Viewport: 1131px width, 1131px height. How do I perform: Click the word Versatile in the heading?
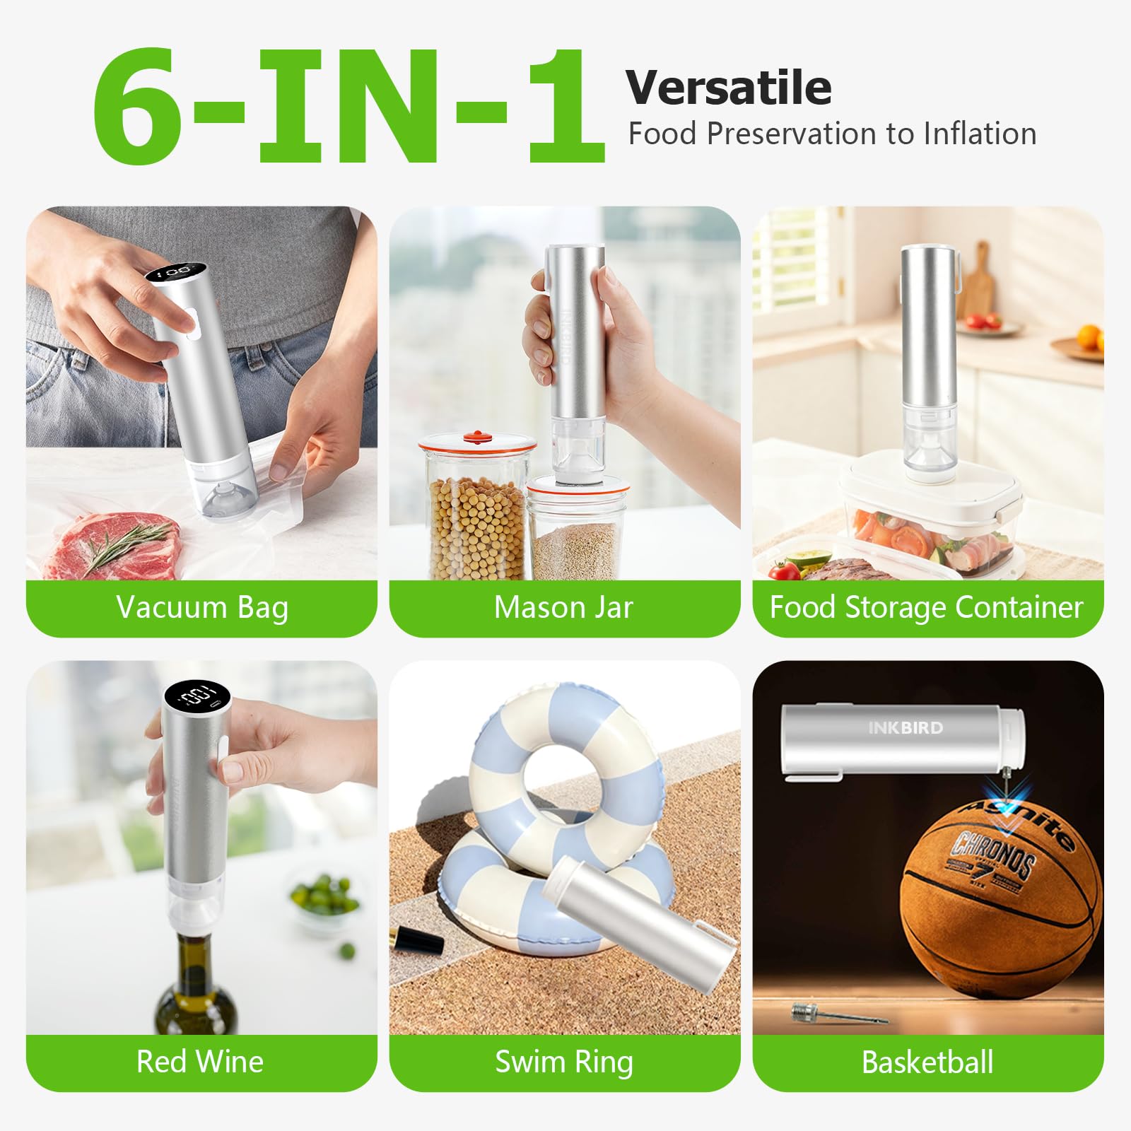pyautogui.click(x=728, y=88)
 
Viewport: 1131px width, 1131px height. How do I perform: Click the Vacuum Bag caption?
pyautogui.click(x=202, y=608)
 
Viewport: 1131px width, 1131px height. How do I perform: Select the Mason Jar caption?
pyautogui.click(x=563, y=608)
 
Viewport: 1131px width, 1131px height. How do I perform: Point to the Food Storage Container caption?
pyautogui.click(x=926, y=608)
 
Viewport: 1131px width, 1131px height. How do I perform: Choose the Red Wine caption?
pyautogui.click(x=200, y=1062)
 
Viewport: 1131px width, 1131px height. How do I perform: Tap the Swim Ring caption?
pyautogui.click(x=563, y=1062)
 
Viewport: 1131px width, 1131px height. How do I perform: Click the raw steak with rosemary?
pyautogui.click(x=113, y=544)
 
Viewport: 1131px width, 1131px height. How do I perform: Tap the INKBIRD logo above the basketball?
pyautogui.click(x=906, y=728)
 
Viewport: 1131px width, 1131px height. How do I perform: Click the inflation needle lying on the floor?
pyautogui.click(x=838, y=1016)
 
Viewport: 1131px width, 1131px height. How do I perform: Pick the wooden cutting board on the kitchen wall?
pyautogui.click(x=979, y=283)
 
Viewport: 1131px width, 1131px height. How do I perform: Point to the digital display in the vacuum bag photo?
pyautogui.click(x=175, y=271)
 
